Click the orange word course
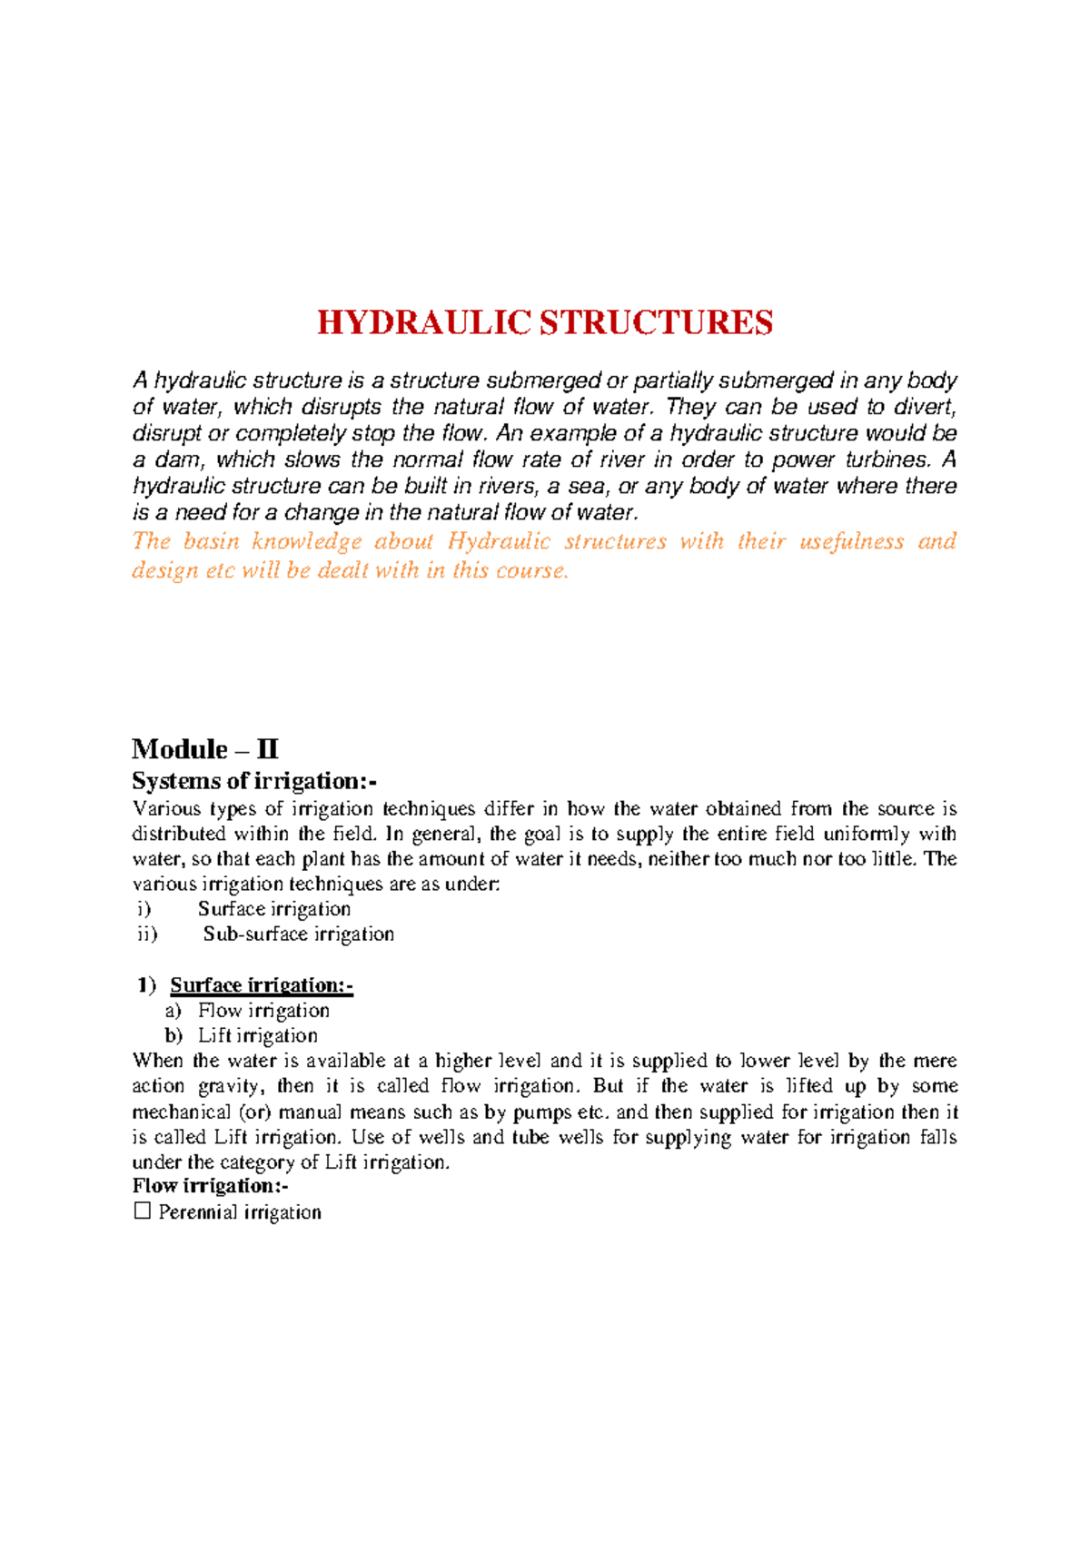click(x=531, y=570)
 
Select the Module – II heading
click(x=205, y=749)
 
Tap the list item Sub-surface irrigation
click(x=298, y=934)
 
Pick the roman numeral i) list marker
click(x=143, y=909)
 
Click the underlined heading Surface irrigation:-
click(x=262, y=985)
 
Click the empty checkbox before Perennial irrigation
click(x=142, y=1211)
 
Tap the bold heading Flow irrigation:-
click(x=210, y=1186)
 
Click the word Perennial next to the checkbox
click(x=198, y=1212)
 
